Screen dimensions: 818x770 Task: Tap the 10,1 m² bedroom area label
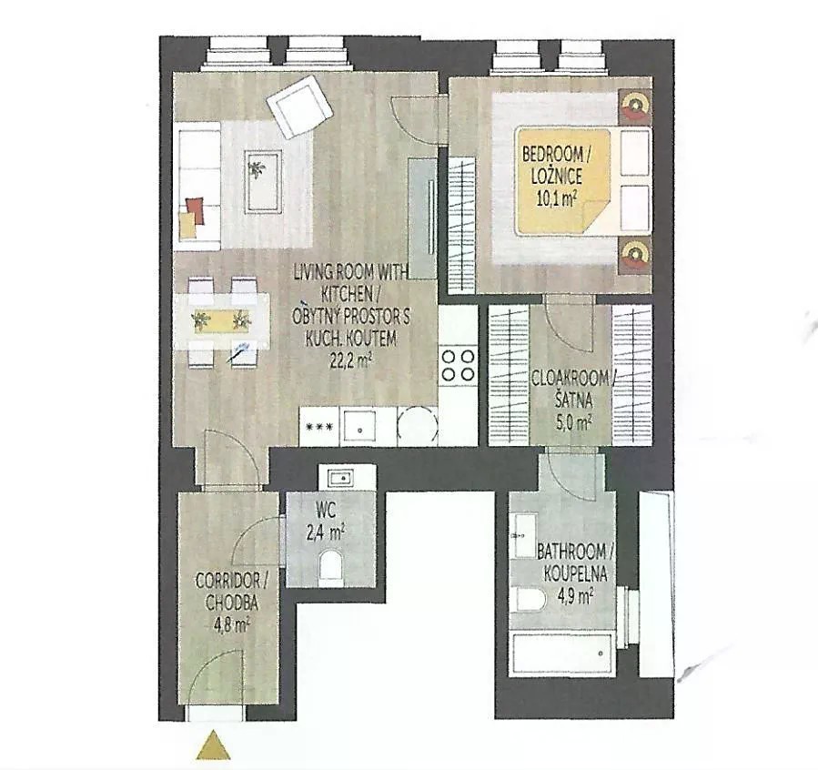coord(557,198)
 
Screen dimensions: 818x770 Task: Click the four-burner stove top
coord(458,365)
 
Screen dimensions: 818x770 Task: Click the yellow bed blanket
coord(562,180)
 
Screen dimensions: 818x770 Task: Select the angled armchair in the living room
coord(299,106)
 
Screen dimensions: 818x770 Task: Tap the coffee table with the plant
coord(264,180)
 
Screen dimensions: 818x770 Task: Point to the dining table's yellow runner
coord(222,320)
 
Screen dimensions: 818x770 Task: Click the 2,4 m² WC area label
coord(325,533)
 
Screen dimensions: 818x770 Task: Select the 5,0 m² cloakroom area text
coord(573,421)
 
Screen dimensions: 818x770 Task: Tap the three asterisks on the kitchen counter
coord(319,427)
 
